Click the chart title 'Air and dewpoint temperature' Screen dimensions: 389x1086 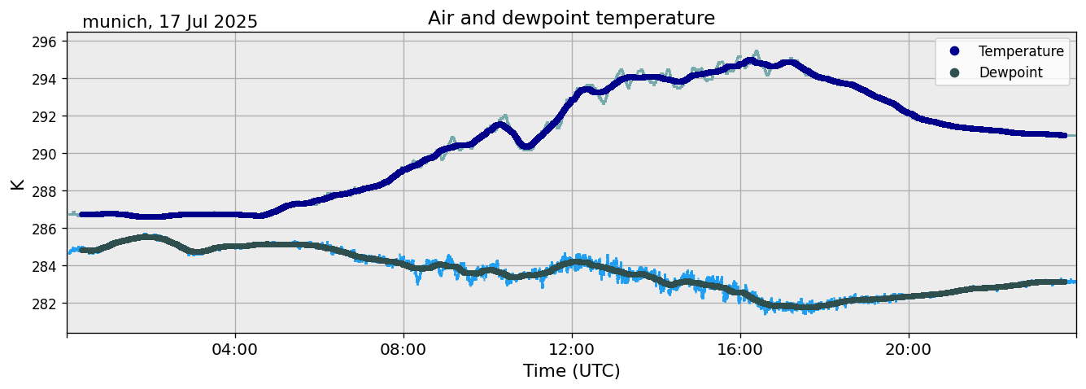point(571,18)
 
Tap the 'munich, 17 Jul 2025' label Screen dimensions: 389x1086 point(170,22)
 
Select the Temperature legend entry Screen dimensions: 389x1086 point(1020,51)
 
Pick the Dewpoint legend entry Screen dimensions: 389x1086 point(1010,72)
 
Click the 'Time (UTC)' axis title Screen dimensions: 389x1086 point(571,371)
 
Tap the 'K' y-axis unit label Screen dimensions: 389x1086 point(17,184)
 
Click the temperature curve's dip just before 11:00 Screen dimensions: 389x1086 point(526,146)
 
